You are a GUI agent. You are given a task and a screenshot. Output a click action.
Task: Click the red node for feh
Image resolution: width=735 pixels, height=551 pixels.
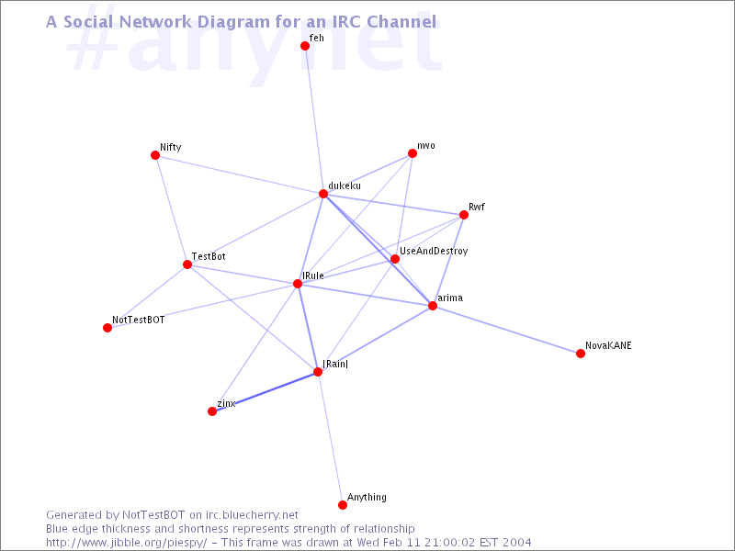tap(305, 45)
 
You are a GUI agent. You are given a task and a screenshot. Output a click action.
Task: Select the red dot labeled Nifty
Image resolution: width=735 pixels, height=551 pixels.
tap(155, 155)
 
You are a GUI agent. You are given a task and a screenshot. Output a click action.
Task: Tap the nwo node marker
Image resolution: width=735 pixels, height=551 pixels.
tap(412, 153)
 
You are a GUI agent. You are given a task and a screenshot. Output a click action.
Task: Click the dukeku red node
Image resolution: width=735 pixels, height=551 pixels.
tap(323, 194)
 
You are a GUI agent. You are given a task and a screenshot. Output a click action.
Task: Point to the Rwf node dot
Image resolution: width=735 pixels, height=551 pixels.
tap(464, 215)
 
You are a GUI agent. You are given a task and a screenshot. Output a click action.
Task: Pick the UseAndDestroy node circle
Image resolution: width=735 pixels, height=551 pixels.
tap(395, 259)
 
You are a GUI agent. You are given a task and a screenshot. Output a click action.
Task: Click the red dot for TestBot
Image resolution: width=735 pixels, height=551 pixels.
tap(187, 264)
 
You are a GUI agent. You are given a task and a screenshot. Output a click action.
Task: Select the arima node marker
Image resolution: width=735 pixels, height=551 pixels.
tap(432, 306)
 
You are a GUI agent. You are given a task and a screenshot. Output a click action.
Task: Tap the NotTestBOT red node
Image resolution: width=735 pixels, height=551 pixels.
tap(107, 328)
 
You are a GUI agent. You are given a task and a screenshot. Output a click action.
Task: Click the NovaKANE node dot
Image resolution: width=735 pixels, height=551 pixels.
tap(581, 354)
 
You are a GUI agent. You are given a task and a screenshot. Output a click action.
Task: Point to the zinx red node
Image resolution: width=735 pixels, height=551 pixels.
tap(212, 410)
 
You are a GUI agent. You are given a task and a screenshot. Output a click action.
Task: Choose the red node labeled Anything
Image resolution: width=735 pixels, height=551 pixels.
tap(342, 504)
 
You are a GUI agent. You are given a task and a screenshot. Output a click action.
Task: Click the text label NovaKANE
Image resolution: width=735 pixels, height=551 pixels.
tap(608, 345)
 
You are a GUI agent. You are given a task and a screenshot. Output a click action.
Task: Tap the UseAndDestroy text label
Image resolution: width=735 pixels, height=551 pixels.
tap(434, 251)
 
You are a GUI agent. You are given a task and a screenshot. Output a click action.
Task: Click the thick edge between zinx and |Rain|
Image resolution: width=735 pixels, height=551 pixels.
tap(265, 391)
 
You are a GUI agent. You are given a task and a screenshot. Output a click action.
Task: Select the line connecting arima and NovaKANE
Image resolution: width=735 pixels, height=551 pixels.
tap(506, 330)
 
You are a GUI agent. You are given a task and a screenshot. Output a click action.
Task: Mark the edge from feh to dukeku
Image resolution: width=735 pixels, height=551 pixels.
tap(314, 119)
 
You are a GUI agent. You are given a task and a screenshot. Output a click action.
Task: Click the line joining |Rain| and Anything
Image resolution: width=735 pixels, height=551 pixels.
tap(330, 438)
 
